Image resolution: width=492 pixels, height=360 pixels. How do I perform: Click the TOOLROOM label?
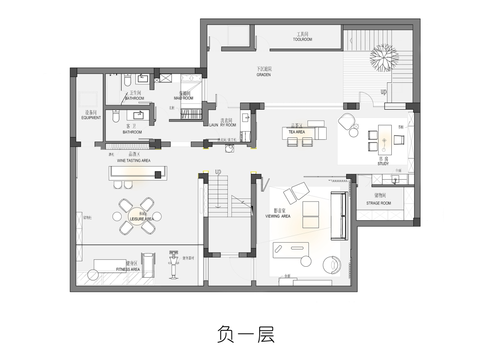tap(302, 40)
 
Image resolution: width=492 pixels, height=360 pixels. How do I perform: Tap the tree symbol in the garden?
tap(381, 58)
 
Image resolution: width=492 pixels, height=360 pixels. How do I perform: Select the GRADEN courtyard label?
tap(263, 74)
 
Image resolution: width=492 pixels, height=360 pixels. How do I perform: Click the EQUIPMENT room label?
tap(91, 117)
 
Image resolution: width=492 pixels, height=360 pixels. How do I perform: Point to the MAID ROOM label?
tap(183, 98)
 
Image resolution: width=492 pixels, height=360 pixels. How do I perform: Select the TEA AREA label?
tap(297, 132)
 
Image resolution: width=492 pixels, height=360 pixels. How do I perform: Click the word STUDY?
tap(383, 163)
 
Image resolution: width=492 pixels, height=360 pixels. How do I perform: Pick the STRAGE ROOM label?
tap(379, 203)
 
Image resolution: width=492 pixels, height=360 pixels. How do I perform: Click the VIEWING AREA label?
tap(277, 216)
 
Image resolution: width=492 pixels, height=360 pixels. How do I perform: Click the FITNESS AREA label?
tap(128, 269)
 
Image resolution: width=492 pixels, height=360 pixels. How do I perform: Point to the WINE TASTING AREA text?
tap(133, 160)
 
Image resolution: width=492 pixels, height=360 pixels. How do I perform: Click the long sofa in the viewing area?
tap(339, 215)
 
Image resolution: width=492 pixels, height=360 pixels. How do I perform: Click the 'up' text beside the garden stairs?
tap(384, 92)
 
